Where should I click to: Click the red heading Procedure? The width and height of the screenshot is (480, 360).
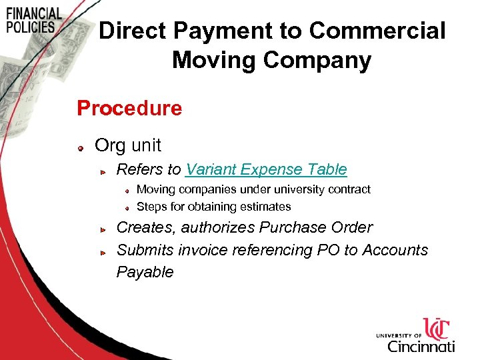coord(129,108)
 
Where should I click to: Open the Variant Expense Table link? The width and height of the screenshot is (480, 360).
coord(266,169)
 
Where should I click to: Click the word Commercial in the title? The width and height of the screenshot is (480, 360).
coord(377,31)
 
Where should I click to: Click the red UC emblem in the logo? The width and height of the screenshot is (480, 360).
coord(437,329)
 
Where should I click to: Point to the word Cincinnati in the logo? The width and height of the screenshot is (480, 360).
coord(421,346)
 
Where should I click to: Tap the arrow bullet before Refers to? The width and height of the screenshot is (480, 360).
coord(103,171)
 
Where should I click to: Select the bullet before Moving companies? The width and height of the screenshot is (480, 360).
coord(127,190)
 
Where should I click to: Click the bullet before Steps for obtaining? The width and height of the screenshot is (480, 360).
coord(127,207)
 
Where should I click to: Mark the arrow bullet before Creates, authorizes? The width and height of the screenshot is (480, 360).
coord(103,229)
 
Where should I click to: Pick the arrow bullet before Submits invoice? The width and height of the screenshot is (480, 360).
coord(103,252)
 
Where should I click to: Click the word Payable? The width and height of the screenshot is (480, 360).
coord(145,272)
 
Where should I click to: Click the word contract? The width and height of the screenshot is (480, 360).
coord(349,189)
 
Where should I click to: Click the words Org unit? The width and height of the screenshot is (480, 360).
coord(128,145)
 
